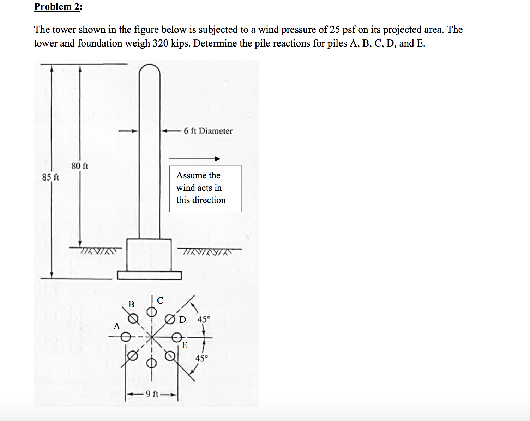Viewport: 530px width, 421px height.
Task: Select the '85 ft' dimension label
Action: tap(50, 177)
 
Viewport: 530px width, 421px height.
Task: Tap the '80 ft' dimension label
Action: tap(80, 166)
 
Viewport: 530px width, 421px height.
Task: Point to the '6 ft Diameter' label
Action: tap(208, 131)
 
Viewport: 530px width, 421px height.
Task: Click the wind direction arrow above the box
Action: tap(194, 159)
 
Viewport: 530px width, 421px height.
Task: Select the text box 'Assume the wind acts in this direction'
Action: tap(205, 189)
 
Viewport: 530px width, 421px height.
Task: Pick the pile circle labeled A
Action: tap(126, 337)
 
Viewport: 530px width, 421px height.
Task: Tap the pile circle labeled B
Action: tap(133, 319)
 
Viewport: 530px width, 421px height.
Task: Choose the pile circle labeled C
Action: tap(151, 312)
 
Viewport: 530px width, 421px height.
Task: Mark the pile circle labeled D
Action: tap(170, 319)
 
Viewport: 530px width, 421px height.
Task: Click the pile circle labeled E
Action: tap(176, 337)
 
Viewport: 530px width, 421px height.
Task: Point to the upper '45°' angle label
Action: tap(204, 319)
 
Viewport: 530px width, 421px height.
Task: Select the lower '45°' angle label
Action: tap(202, 359)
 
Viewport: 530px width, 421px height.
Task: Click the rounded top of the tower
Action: tap(149, 69)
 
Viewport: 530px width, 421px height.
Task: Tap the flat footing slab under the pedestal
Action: tap(149, 275)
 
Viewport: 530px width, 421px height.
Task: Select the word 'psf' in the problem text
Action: tap(349, 30)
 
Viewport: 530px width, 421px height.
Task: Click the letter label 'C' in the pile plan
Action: tap(160, 300)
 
